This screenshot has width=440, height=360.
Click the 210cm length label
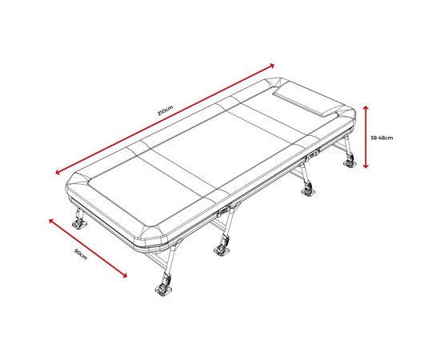coord(166,110)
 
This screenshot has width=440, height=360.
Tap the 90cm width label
coord(81,254)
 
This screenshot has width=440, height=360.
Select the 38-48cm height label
coord(382,138)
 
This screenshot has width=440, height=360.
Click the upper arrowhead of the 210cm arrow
coord(272,66)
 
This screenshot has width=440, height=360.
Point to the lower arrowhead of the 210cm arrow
coord(58,172)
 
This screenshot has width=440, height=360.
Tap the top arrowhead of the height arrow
coord(366,108)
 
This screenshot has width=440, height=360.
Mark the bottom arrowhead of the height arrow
coord(366,166)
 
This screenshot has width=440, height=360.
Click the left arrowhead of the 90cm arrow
coord(51,221)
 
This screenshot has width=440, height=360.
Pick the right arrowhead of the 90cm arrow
coord(124,275)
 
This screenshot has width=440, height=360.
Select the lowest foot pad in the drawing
coord(162,290)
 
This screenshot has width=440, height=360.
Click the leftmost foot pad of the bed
coord(79,225)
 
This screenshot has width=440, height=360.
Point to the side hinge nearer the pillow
coord(312,154)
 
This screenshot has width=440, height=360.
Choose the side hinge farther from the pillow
coord(223,212)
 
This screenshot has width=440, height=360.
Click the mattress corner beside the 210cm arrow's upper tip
coord(274,83)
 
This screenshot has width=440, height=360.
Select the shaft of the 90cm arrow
coord(88,248)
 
